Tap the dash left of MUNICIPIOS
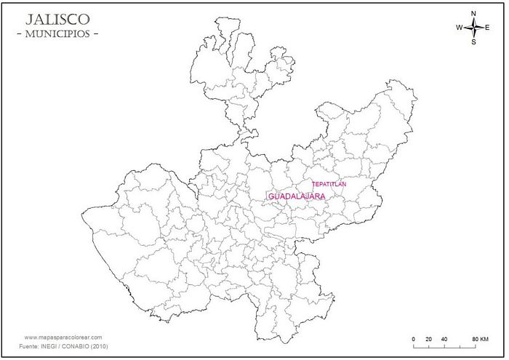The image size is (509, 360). click(x=19, y=34)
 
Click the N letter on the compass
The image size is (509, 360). click(x=473, y=14)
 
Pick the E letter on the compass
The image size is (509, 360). click(x=487, y=28)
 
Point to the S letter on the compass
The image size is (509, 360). click(x=473, y=42)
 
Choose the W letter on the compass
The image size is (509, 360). click(x=460, y=28)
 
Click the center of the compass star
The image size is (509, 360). click(x=473, y=28)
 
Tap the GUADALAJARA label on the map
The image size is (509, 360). click(x=297, y=197)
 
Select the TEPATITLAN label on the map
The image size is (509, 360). click(x=329, y=184)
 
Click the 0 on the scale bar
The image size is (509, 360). click(x=413, y=340)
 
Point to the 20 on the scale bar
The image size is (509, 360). click(x=428, y=340)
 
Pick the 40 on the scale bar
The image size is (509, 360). click(x=444, y=340)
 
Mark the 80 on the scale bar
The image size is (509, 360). click(x=475, y=340)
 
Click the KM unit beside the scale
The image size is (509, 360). click(x=484, y=340)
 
